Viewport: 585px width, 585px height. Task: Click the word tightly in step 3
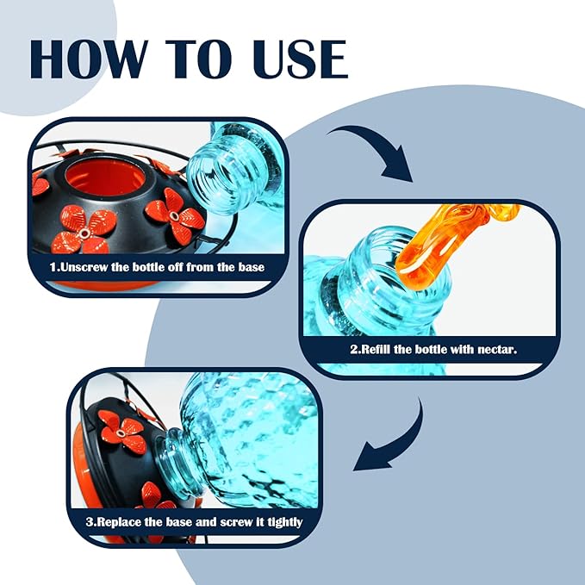[x=284, y=522]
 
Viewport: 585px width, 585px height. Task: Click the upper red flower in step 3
[x=121, y=432]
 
